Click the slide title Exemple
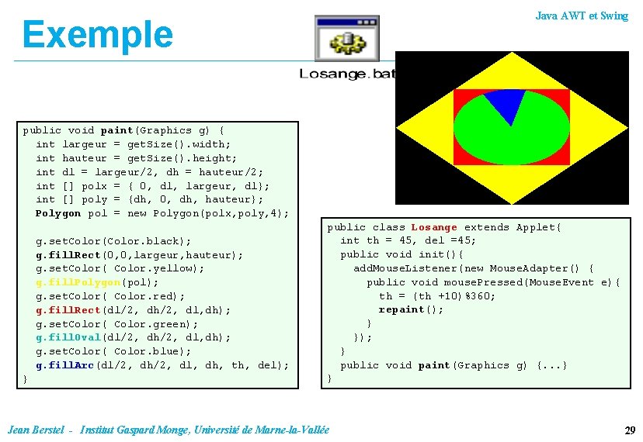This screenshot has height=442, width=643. point(97,34)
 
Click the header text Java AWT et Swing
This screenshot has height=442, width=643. point(582,16)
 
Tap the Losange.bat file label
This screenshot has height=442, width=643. point(346,74)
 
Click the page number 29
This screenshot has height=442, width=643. point(630,430)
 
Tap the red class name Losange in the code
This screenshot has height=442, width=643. point(434,227)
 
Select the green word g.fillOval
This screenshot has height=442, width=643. point(64,337)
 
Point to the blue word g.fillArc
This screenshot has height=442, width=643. point(62,365)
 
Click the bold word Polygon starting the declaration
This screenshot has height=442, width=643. point(57,213)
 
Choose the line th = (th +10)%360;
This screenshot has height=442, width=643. point(437,295)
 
